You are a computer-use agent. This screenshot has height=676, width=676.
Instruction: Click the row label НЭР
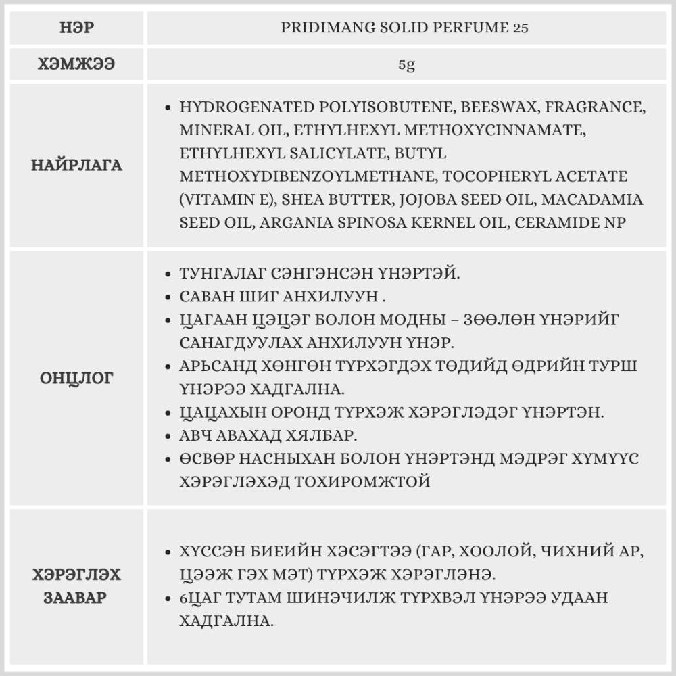[x=76, y=28]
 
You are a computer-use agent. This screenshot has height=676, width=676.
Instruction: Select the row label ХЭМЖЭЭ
[x=76, y=65]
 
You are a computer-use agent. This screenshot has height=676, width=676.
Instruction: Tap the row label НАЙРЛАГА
[x=76, y=165]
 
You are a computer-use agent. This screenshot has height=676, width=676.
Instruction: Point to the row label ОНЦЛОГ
[x=76, y=378]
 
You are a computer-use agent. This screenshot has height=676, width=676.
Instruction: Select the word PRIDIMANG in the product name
[x=322, y=28]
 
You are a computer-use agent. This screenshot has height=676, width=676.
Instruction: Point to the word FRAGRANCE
[x=595, y=107]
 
